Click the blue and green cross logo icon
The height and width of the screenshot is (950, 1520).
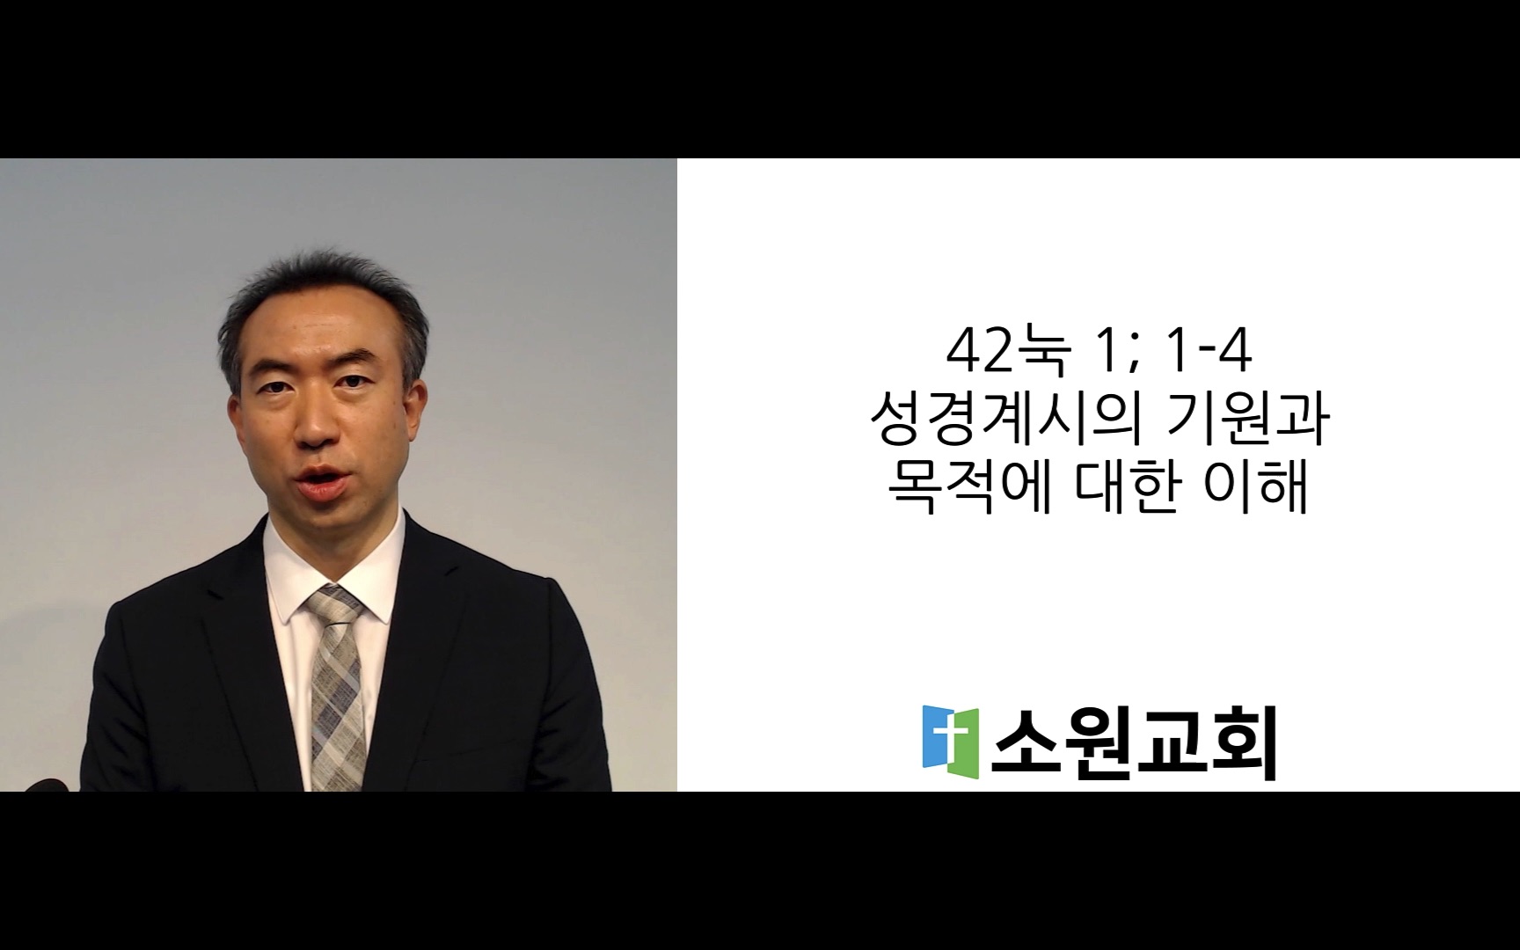pos(950,736)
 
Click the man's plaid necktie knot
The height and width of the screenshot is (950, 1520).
pos(334,606)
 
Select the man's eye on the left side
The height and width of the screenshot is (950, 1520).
pos(275,388)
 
